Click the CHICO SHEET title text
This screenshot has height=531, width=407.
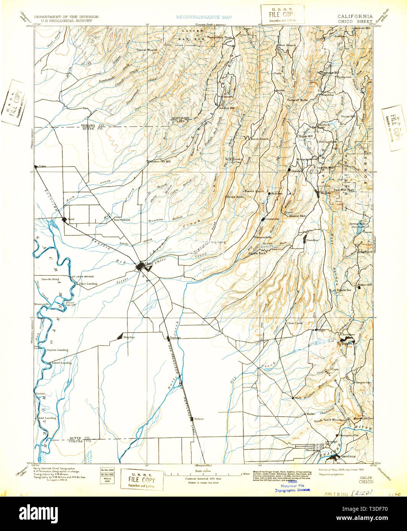(x=355, y=22)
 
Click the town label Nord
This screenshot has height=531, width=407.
(x=71, y=219)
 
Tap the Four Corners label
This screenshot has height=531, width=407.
(x=122, y=220)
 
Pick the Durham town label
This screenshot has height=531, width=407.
(x=175, y=338)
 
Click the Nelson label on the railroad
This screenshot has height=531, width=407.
(x=199, y=419)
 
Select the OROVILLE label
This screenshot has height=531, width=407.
(x=349, y=456)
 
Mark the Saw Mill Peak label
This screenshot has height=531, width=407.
(x=344, y=189)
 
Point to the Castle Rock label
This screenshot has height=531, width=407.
(x=257, y=253)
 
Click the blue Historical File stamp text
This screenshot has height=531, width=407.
(x=293, y=486)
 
